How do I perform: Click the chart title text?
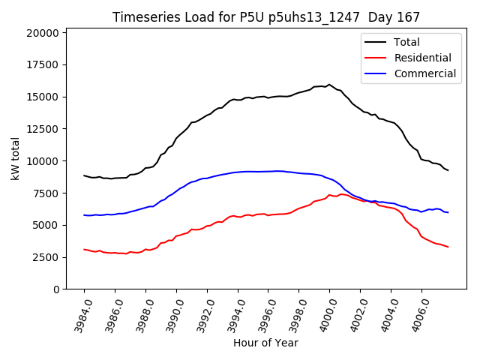click(266, 16)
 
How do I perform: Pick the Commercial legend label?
click(424, 73)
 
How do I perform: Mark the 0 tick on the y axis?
click(57, 289)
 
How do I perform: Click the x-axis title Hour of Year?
click(265, 343)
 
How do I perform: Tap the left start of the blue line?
click(84, 215)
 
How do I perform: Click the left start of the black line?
click(84, 175)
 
